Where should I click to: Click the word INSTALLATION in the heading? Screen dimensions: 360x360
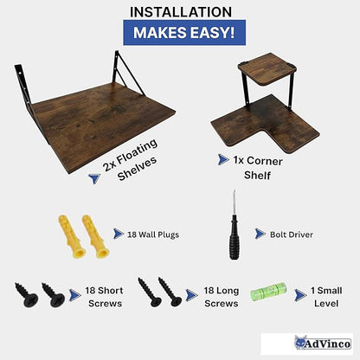point(181,12)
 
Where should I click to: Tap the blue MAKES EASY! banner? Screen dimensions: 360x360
point(184,33)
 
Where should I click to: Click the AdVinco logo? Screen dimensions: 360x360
point(307,344)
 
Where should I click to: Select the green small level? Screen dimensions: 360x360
point(269,292)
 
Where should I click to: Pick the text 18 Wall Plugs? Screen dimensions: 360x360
point(153,235)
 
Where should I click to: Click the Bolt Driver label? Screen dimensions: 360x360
point(292,235)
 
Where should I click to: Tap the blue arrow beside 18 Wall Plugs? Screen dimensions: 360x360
point(119,234)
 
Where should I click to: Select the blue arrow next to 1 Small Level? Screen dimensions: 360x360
point(300,295)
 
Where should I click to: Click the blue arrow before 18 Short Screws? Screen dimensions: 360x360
point(74,295)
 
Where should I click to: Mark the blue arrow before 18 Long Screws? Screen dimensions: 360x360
point(191,295)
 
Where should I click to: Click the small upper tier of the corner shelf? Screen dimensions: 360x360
point(267,68)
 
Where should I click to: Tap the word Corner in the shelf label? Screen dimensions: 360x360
point(265,161)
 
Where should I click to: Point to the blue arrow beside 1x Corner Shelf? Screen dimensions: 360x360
point(223,159)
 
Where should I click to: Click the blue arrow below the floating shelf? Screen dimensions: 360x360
point(94,178)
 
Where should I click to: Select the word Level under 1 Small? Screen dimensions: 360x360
point(326,304)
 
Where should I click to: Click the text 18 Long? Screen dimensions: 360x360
point(222,291)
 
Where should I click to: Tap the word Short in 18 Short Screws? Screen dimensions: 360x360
point(111,291)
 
